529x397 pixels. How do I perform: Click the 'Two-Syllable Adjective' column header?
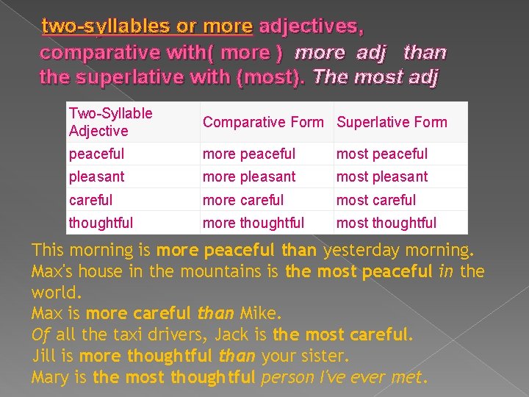(110, 122)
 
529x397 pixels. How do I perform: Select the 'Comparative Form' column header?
(262, 122)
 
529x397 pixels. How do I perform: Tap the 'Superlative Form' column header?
(391, 122)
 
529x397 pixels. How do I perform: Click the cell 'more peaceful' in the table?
(248, 154)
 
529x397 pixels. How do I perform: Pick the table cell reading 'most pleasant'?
(381, 177)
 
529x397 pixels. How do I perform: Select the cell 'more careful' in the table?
(242, 200)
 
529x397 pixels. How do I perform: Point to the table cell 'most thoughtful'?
(386, 223)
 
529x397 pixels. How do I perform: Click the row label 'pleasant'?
(96, 177)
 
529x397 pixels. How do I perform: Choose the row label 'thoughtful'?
(101, 223)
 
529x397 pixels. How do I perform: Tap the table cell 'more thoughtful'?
(253, 223)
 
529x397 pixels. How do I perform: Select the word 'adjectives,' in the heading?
(311, 27)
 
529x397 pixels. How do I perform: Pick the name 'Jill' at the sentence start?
(45, 357)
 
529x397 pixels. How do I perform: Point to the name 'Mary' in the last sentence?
(50, 378)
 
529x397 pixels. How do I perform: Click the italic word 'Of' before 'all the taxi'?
(40, 335)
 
